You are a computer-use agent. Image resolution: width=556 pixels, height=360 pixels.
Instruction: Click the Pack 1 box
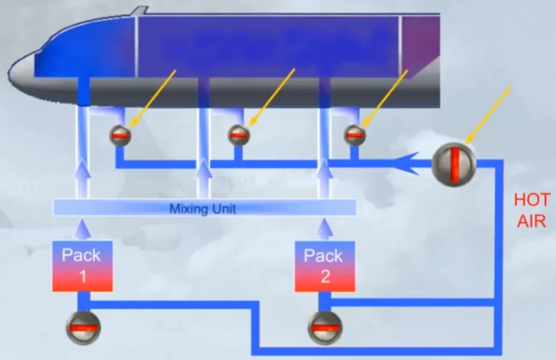[83, 267]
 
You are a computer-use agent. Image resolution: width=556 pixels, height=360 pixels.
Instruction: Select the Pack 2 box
[325, 267]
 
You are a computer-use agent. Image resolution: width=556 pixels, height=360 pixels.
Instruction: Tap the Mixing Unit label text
[203, 208]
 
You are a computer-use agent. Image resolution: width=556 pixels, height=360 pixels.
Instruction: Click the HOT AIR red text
[532, 210]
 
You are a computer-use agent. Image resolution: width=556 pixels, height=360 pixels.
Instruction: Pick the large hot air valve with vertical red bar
[454, 165]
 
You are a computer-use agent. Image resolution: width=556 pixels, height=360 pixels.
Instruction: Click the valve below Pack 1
[83, 328]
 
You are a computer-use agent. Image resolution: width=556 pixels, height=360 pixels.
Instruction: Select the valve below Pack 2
[325, 328]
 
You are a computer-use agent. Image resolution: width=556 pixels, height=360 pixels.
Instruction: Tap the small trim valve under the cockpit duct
[120, 135]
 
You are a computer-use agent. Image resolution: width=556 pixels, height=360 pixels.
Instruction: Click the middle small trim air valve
[238, 135]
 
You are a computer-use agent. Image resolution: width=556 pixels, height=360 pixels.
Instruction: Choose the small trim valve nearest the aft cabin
[355, 135]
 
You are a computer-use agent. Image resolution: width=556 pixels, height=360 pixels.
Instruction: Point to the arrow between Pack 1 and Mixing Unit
[83, 229]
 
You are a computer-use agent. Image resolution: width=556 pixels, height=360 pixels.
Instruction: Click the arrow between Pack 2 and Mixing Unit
[324, 229]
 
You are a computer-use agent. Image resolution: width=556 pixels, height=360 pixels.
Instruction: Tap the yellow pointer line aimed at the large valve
[488, 115]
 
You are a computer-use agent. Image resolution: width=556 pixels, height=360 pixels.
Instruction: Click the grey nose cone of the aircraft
[21, 73]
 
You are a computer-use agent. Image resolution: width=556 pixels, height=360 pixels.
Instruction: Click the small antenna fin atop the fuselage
[139, 11]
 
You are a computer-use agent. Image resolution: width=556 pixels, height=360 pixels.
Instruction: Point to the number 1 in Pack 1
[83, 276]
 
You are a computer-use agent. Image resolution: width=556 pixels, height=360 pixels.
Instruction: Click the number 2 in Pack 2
[326, 276]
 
